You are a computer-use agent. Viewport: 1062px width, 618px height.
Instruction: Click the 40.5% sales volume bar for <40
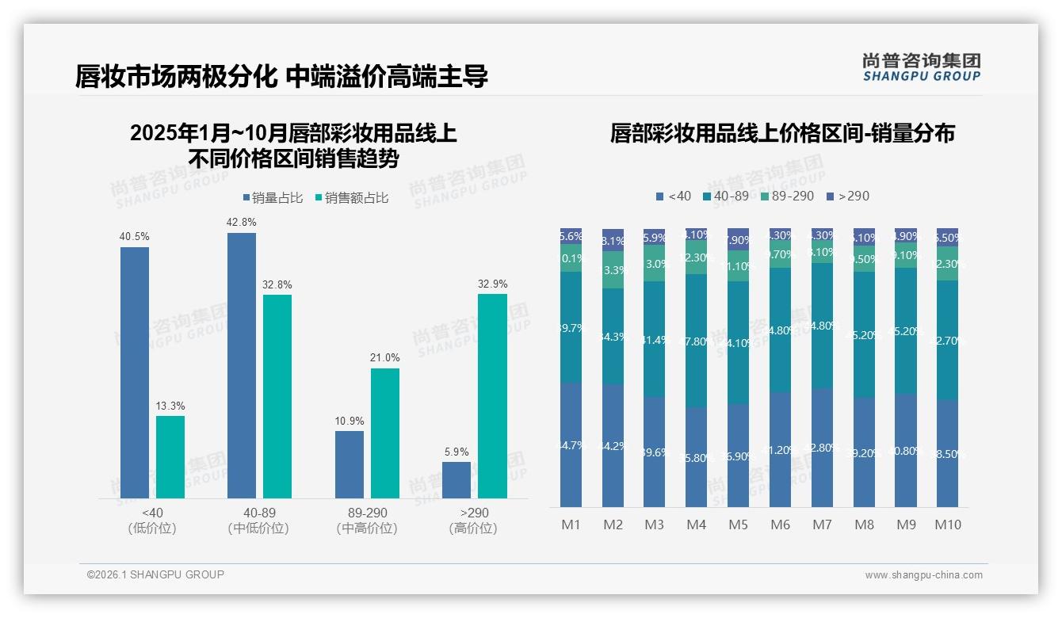(x=135, y=372)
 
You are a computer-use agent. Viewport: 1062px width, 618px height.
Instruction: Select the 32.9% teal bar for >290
(x=492, y=396)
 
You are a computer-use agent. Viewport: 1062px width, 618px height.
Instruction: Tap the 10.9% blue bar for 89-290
(x=350, y=464)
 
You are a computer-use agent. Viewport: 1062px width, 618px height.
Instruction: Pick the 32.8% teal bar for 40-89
(x=277, y=396)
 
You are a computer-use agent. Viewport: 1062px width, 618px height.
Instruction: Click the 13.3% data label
(x=170, y=406)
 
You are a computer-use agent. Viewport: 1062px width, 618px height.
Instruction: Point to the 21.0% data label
(x=385, y=358)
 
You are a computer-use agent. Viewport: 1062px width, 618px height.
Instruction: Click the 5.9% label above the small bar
(x=457, y=452)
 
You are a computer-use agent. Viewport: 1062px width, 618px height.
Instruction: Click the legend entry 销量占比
(x=272, y=198)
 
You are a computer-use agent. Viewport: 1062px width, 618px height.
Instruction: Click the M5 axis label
(x=738, y=525)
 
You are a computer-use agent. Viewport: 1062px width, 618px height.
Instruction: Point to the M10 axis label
(x=947, y=525)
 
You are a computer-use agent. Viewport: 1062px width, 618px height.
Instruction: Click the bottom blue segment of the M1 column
(x=571, y=445)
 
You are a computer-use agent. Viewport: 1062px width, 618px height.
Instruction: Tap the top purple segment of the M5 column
(x=738, y=239)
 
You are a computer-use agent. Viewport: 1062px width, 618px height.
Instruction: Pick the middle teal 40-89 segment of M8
(x=864, y=334)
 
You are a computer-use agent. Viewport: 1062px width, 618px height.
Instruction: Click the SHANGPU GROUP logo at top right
(x=921, y=67)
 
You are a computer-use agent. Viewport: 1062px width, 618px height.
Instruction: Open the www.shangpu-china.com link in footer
(x=923, y=575)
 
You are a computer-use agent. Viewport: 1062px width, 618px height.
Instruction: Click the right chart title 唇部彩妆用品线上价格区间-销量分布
(x=782, y=133)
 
